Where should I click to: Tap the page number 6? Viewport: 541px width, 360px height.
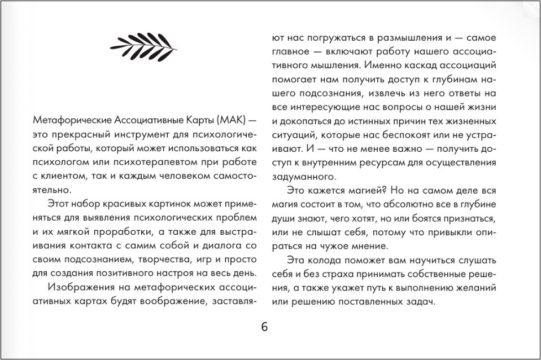265,328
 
